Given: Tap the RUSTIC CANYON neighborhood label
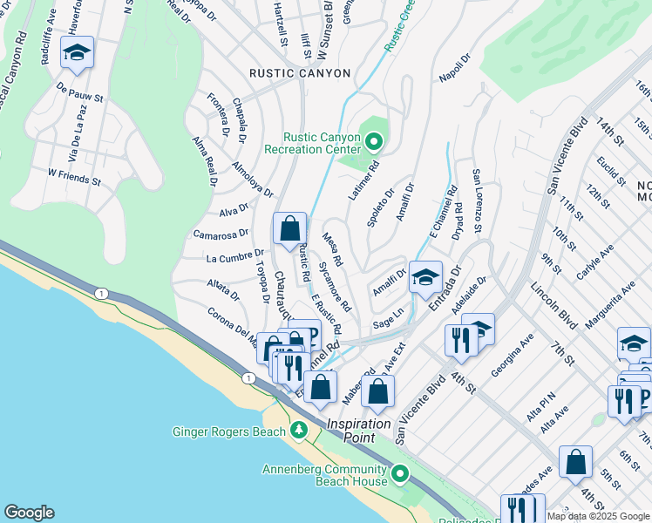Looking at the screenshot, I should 300,73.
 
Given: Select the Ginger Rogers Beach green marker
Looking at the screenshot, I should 299,431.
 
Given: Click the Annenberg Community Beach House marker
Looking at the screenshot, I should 400,474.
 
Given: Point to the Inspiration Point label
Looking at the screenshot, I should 363,424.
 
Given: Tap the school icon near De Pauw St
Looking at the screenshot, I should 77,54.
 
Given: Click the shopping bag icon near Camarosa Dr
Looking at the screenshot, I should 290,229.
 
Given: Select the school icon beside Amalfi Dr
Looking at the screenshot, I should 425,277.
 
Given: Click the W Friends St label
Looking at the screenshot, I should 74,179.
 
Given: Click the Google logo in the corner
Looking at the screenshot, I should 29,513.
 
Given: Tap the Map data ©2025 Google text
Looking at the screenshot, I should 598,516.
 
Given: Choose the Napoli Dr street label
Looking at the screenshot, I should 455,67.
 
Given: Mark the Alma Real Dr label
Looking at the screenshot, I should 205,164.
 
